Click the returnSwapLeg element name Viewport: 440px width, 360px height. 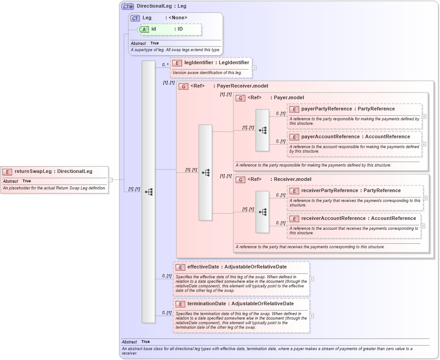pyautogui.click(x=33, y=171)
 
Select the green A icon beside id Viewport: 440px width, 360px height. pyautogui.click(x=144, y=29)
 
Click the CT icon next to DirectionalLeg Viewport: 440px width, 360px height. pyautogui.click(x=128, y=6)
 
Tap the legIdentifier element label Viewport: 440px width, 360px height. pyautogui.click(x=199, y=63)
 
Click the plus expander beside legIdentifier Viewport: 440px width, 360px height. pyautogui.click(x=254, y=68)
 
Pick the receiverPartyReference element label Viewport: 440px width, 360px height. pyautogui.click(x=330, y=190)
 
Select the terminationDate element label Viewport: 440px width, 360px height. pyautogui.click(x=206, y=303)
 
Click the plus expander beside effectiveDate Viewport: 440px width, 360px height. pyautogui.click(x=312, y=279)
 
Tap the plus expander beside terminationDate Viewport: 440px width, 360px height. pyautogui.click(x=312, y=316)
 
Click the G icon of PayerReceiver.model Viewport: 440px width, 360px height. pyautogui.click(x=183, y=86)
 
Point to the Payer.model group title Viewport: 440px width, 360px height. pyautogui.click(x=289, y=97)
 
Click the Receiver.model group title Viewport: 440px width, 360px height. pyautogui.click(x=291, y=179)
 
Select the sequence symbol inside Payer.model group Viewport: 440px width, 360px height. pyautogui.click(x=263, y=130)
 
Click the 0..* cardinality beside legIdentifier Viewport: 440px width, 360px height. pyautogui.click(x=166, y=65)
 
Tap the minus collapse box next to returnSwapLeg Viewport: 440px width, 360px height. pyautogui.click(x=110, y=180)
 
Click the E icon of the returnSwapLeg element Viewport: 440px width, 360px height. pyautogui.click(x=8, y=171)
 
